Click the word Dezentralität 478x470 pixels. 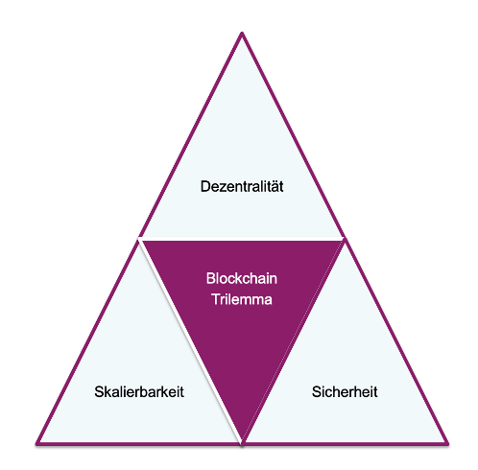click(x=242, y=186)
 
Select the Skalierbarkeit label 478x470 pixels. click(x=139, y=391)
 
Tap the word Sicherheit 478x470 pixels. click(x=345, y=391)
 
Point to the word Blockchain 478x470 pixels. click(x=242, y=278)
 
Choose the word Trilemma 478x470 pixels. click(x=242, y=299)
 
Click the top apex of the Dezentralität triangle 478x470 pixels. click(x=242, y=33)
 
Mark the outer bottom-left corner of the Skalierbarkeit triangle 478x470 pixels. click(x=36, y=443)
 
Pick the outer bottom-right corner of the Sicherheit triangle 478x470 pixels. click(x=448, y=443)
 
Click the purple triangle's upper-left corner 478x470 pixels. click(x=142, y=241)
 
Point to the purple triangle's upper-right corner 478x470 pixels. click(x=343, y=241)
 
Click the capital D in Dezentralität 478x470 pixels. click(x=205, y=186)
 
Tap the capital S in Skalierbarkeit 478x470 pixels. click(x=99, y=391)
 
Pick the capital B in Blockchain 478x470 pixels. click(x=211, y=278)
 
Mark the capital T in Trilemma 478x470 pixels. click(x=216, y=299)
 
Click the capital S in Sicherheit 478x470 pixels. click(x=317, y=391)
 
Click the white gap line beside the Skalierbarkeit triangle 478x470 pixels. click(x=190, y=341)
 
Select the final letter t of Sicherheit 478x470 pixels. click(x=375, y=392)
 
